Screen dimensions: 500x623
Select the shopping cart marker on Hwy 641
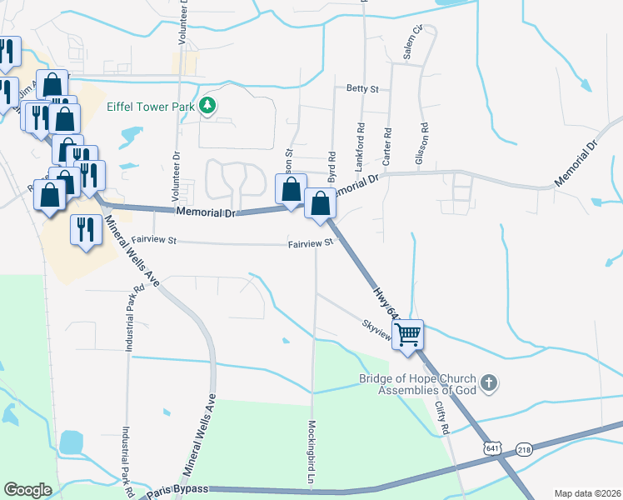pos(407,335)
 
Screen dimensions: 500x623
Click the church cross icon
pos(490,383)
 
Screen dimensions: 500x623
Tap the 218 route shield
pos(524,448)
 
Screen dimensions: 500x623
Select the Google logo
pos(27,490)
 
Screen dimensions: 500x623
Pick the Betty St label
pos(363,88)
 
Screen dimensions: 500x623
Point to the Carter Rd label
pos(387,144)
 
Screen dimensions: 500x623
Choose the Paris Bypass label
pos(184,488)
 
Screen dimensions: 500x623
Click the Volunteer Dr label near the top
pos(183,22)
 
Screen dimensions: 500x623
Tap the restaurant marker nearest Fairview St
pos(85,230)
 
